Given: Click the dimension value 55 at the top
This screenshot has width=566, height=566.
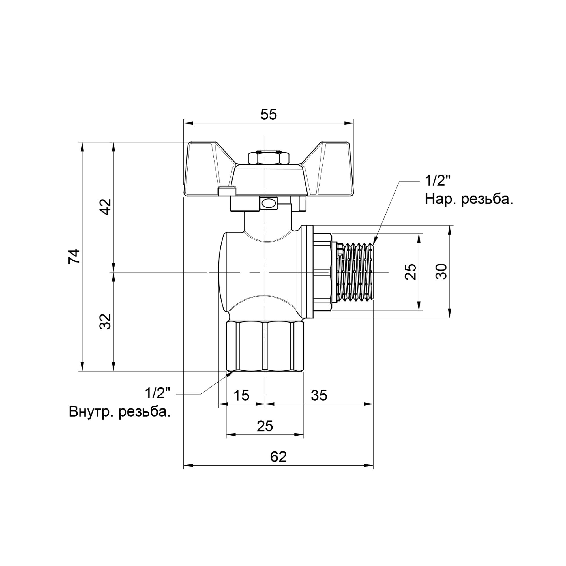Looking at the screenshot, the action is tap(268, 115).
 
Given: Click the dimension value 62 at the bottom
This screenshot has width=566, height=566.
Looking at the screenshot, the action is tap(278, 457).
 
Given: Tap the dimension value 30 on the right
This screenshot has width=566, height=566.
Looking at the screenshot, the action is tap(441, 272).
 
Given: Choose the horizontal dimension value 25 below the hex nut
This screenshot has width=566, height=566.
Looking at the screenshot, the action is tap(265, 426).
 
